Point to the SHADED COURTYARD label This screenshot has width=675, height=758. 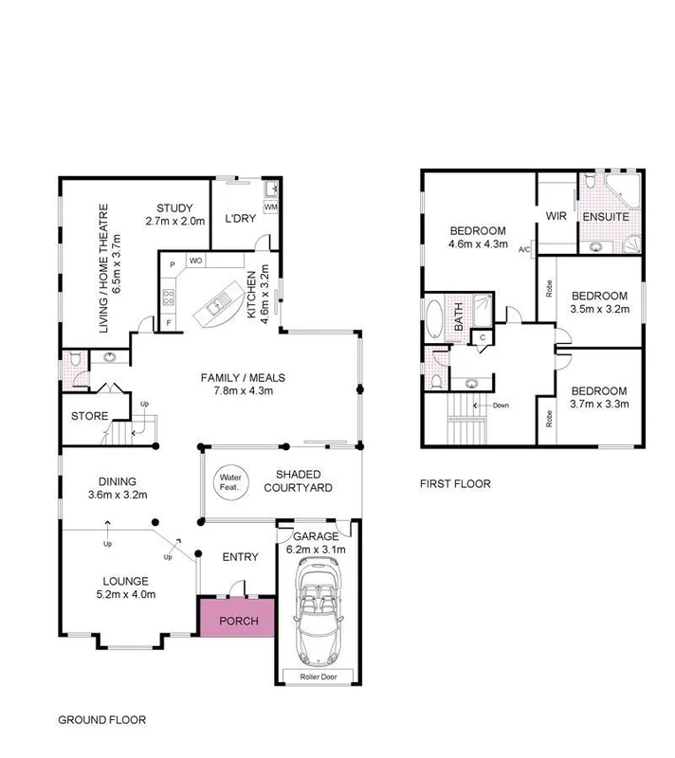pos(302,480)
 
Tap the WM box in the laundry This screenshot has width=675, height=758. pos(270,207)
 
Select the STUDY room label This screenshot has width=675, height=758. pos(176,208)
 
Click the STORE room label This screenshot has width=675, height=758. pos(89,415)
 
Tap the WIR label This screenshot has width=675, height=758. pos(556,215)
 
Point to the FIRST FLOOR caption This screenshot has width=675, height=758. pos(455,484)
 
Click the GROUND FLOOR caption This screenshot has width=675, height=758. pos(102,720)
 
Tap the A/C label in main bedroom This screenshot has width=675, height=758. pos(522,248)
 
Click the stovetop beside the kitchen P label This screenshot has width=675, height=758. pos(170,297)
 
